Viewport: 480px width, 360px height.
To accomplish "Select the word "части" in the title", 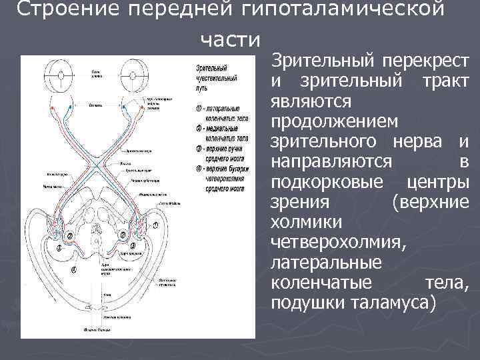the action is (x=230, y=40).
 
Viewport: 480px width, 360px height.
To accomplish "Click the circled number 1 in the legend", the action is (x=199, y=107).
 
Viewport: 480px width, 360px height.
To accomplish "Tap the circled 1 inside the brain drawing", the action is (x=156, y=227).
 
